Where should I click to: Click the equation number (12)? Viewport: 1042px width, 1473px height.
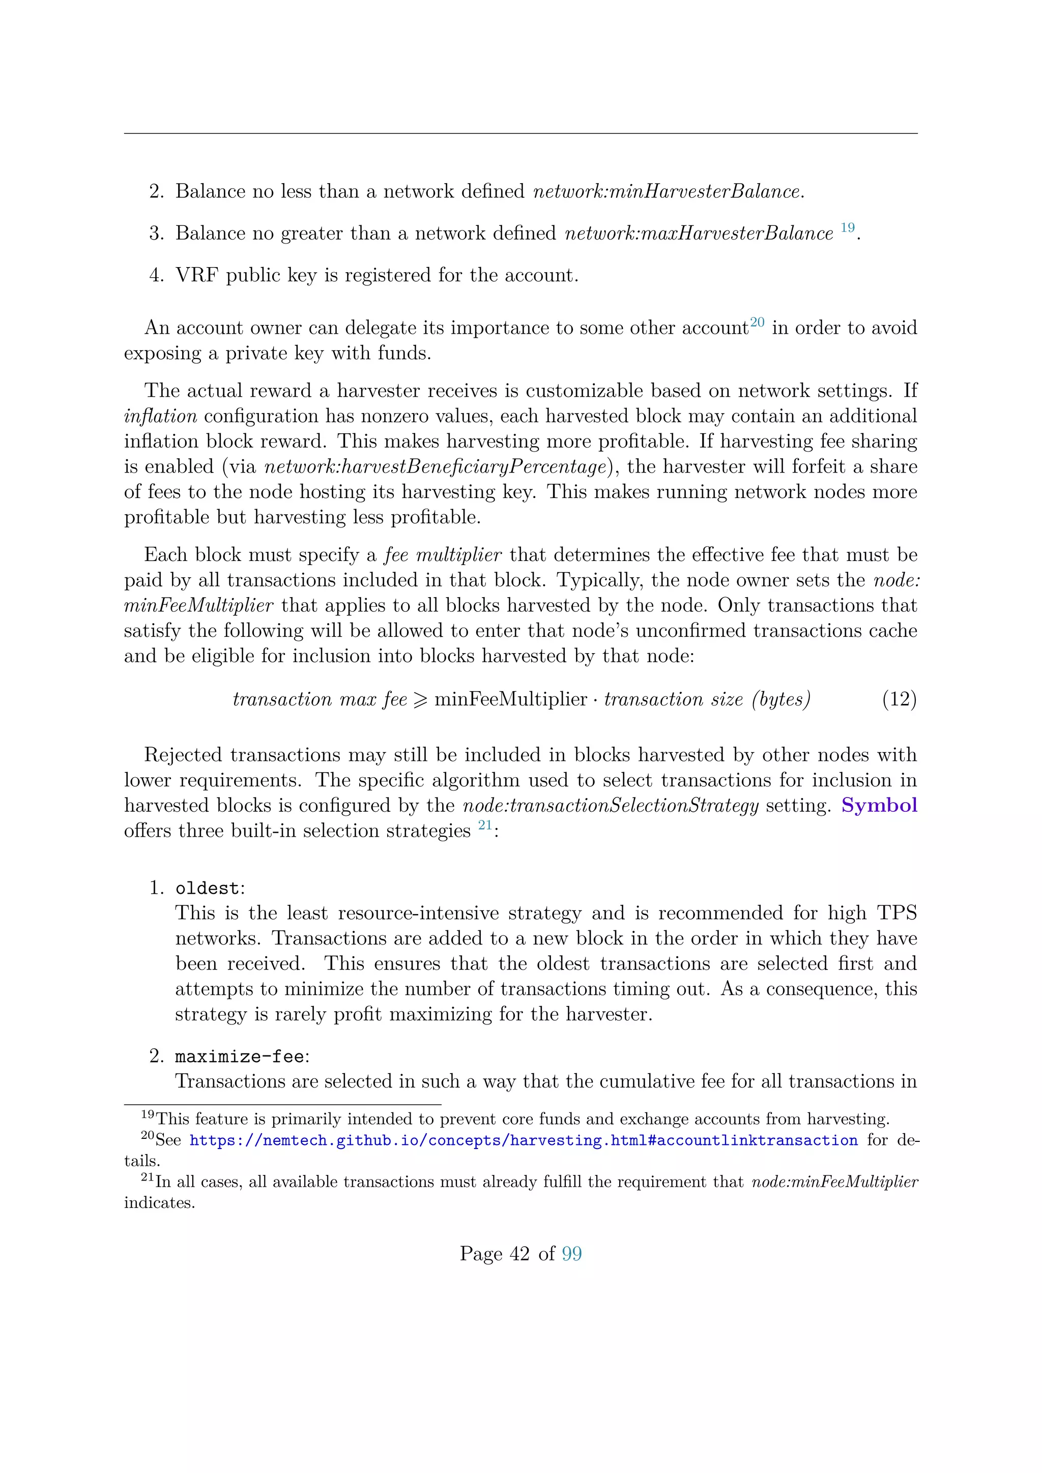click(x=899, y=699)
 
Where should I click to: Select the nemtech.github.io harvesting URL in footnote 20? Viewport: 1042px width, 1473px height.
click(x=523, y=1140)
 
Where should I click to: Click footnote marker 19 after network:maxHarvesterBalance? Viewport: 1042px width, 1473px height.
click(x=847, y=228)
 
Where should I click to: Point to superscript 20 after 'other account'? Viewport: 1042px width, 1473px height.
click(x=757, y=322)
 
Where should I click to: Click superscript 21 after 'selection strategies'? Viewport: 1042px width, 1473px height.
click(x=484, y=825)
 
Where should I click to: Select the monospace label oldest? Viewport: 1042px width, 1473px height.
click(x=207, y=889)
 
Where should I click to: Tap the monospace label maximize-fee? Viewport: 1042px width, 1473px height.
click(x=239, y=1056)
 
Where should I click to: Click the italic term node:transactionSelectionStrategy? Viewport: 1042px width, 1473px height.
click(x=611, y=805)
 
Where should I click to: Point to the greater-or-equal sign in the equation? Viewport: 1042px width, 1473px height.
click(x=420, y=699)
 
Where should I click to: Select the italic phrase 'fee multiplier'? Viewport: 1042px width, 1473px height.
click(x=443, y=555)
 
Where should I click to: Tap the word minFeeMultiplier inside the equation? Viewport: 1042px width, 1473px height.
click(x=511, y=699)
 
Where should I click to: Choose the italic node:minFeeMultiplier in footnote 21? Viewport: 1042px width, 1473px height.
click(x=834, y=1182)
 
